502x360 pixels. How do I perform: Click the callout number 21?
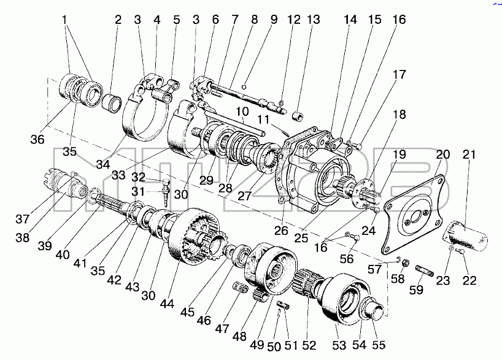coord(469,155)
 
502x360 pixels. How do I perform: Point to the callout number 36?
coord(37,139)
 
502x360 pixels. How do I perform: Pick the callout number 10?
coord(242,112)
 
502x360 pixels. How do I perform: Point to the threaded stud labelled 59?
coord(425,270)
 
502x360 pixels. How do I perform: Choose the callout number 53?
coord(339,345)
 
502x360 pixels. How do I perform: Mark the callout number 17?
coord(400,74)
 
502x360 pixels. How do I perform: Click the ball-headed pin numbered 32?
coord(166,183)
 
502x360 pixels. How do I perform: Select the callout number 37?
coord(23,219)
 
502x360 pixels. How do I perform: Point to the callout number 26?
coord(281,231)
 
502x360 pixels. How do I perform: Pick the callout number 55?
coord(379,345)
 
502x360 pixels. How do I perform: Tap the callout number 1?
coord(64,20)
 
